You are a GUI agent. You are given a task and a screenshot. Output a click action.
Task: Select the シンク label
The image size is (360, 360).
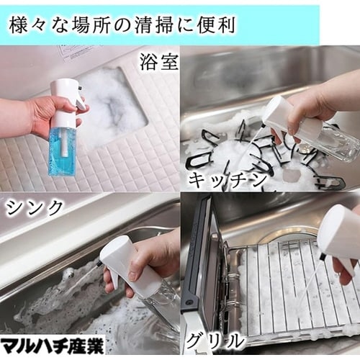35,208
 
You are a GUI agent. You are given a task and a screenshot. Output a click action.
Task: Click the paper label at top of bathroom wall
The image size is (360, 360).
79,51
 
